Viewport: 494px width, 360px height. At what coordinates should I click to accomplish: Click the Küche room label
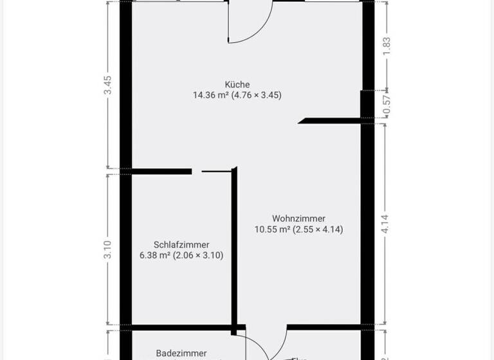pos(237,84)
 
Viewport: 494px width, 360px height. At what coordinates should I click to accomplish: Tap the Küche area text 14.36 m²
pos(210,95)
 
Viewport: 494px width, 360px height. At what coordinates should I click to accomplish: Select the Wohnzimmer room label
pos(298,219)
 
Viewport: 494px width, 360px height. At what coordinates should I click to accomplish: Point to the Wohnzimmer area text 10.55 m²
pos(273,230)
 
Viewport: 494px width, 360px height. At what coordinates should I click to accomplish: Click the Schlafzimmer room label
pos(181,244)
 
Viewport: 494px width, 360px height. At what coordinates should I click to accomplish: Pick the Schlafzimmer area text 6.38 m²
pos(154,255)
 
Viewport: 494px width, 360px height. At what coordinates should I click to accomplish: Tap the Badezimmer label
pos(181,353)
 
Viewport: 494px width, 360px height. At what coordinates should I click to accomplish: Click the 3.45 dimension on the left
pos(108,85)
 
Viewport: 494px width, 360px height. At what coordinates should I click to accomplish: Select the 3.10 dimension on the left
pos(108,249)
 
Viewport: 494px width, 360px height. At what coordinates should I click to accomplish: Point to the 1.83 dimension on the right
pos(387,46)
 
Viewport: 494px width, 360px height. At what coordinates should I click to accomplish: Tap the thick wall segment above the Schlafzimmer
pos(161,171)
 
